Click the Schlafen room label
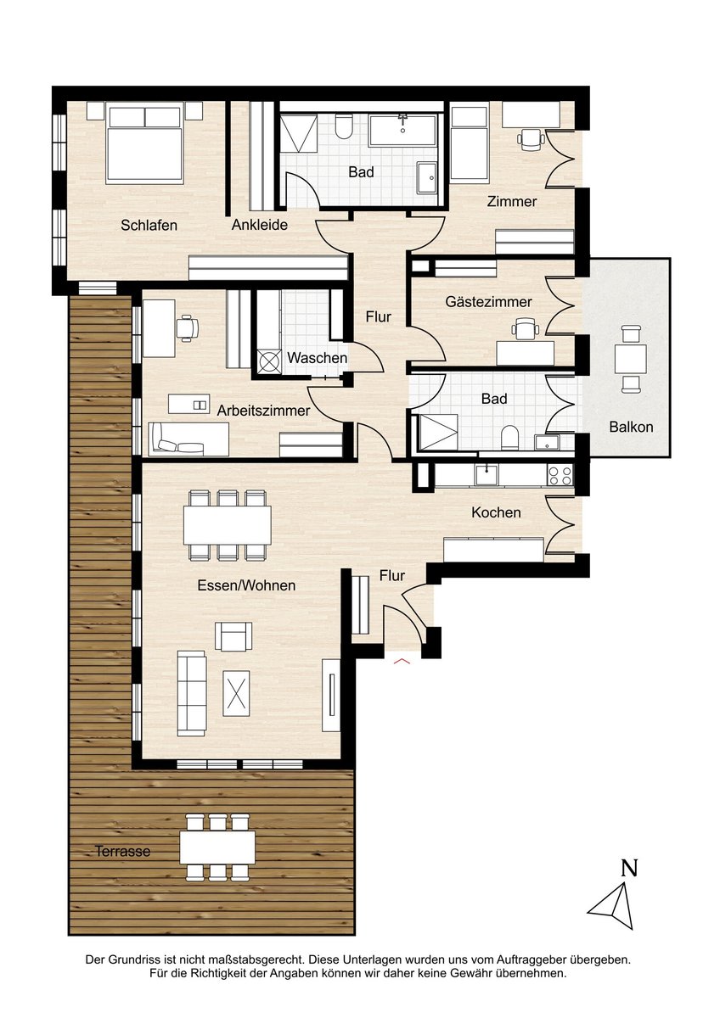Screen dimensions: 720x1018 [149, 225]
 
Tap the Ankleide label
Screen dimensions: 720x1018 [259, 225]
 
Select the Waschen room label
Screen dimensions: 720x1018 [317, 358]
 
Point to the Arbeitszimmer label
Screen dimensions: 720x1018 [263, 411]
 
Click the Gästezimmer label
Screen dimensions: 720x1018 [488, 301]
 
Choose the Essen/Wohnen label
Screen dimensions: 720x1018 [246, 585]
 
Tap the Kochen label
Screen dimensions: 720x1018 [496, 512]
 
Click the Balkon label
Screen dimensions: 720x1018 [631, 427]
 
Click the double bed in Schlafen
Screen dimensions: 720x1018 [144, 143]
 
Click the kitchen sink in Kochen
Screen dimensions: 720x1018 [487, 475]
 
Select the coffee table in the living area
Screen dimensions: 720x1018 [235, 694]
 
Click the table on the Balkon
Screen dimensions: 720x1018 [630, 359]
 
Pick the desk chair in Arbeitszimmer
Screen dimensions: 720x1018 [187, 327]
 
